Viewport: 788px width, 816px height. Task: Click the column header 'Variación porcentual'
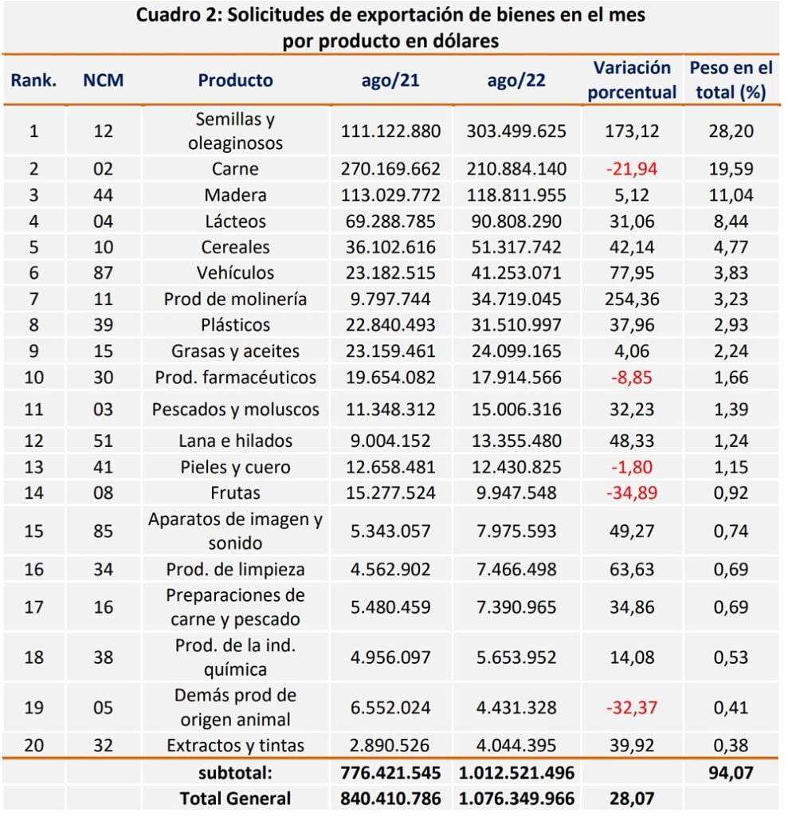[x=632, y=80]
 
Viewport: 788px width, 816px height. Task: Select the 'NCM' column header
[x=103, y=80]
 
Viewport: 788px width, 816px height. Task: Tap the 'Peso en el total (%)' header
[x=731, y=80]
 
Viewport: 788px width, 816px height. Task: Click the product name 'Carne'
[x=235, y=169]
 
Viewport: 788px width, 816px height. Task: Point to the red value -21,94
[x=631, y=169]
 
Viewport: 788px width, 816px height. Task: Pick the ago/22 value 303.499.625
[x=516, y=131]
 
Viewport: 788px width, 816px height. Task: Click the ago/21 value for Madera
[x=390, y=195]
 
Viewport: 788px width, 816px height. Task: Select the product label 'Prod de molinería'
[x=235, y=300]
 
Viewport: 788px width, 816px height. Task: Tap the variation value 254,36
[x=632, y=300]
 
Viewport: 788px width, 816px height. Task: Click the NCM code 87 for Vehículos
[x=103, y=273]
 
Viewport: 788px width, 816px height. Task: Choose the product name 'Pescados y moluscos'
[x=235, y=410]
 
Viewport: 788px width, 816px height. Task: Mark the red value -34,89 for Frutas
[x=631, y=492]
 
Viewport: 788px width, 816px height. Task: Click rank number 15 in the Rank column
[x=33, y=531]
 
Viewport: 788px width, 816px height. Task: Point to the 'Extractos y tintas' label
[x=235, y=745]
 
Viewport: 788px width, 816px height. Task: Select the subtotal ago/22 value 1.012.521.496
[x=516, y=773]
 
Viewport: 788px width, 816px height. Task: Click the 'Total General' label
[x=235, y=798]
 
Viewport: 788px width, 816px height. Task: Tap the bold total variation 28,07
[x=632, y=798]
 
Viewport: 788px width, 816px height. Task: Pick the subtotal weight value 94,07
[x=731, y=773]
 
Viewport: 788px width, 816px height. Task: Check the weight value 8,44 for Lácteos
[x=731, y=222]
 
